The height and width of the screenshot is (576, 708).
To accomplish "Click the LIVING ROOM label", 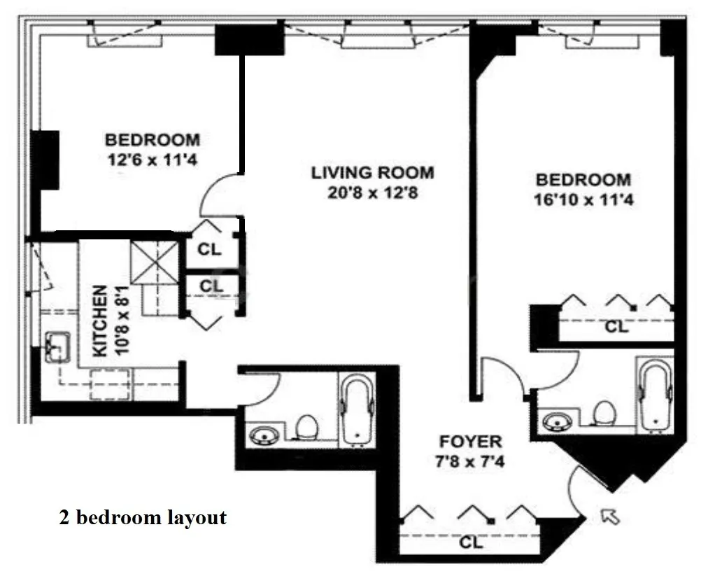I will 372,172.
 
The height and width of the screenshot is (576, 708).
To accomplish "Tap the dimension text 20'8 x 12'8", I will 373,192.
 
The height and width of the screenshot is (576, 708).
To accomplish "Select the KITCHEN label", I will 100,321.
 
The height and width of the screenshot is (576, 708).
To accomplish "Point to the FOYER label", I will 470,442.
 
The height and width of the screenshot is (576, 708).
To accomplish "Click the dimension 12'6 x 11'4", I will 152,160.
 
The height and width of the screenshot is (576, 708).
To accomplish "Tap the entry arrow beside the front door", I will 611,517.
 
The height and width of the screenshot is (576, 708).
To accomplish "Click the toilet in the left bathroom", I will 306,427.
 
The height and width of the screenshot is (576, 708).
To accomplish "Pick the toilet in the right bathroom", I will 603,414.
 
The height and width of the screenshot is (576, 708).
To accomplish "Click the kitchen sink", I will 56,347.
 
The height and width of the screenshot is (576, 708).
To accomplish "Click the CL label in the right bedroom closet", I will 616,327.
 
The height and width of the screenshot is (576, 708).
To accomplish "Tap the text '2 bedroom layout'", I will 142,518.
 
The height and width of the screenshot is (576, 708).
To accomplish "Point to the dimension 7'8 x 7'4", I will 470,462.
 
